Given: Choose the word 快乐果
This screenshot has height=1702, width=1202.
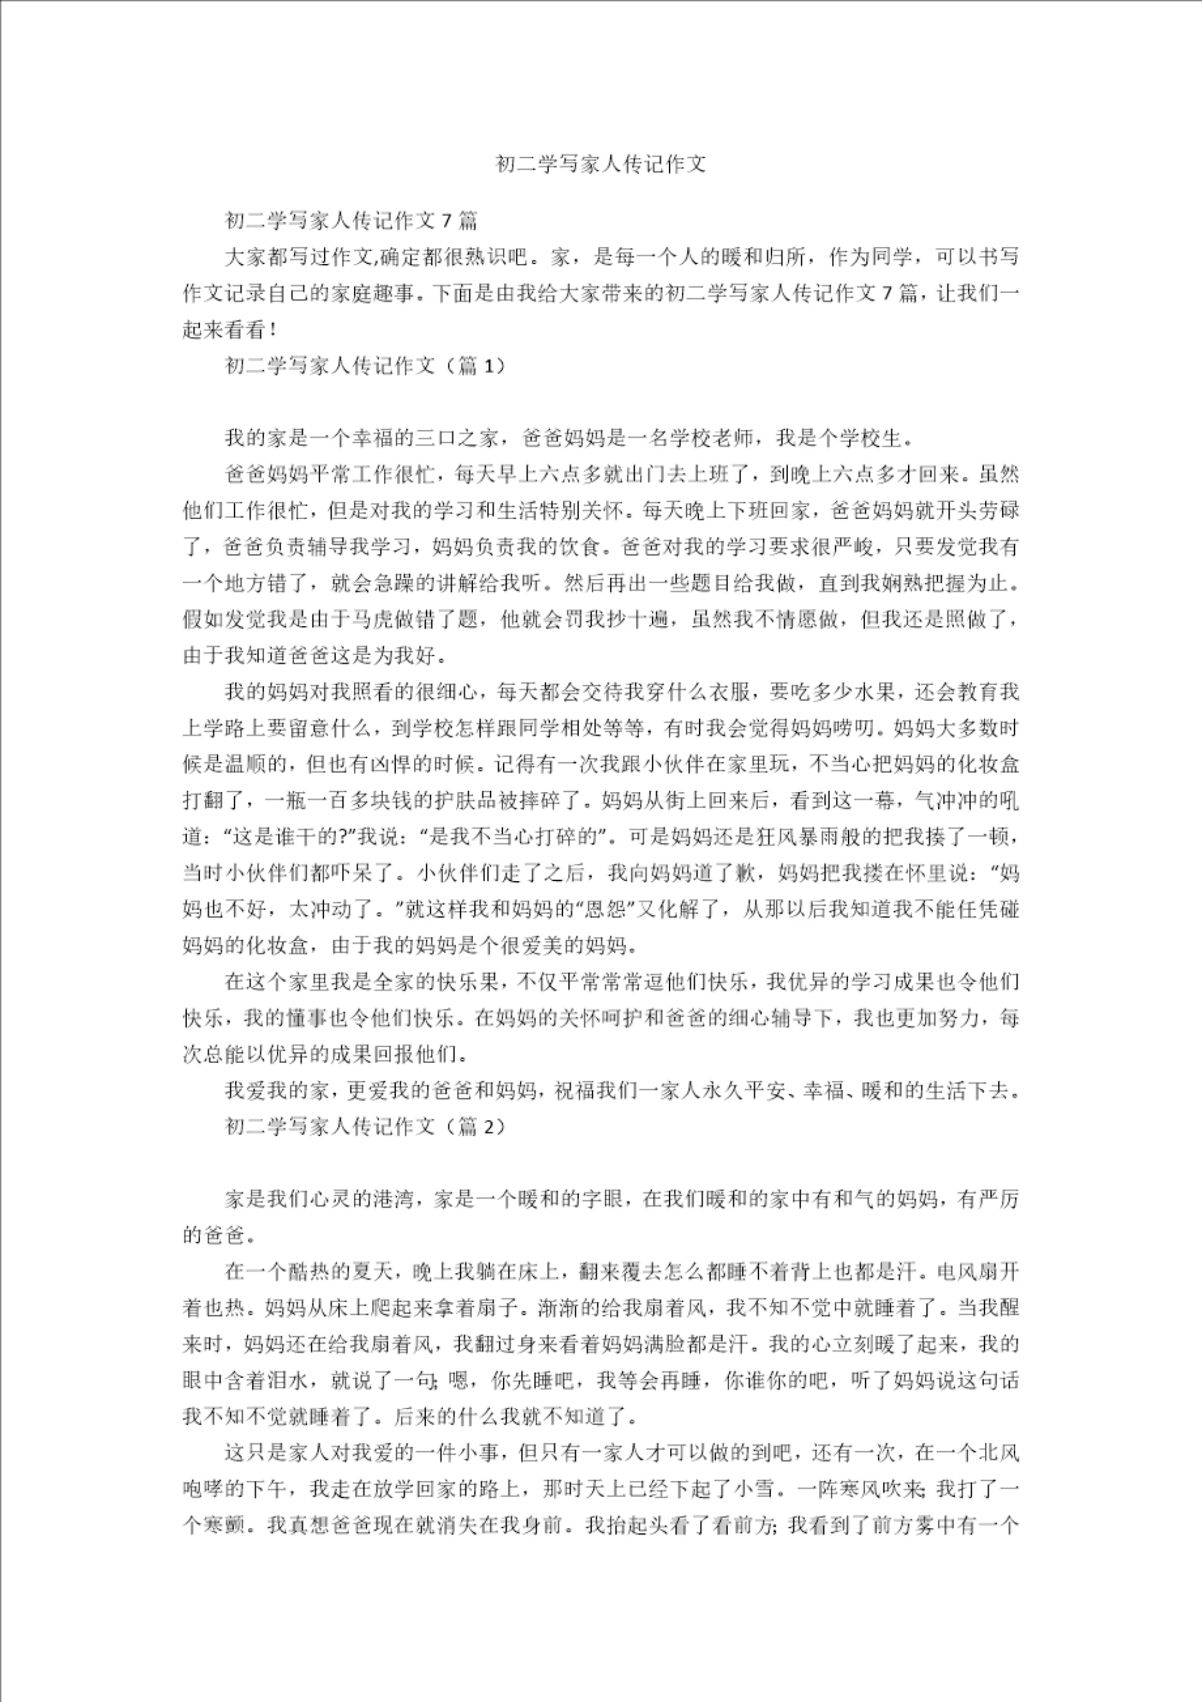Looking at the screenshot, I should (465, 982).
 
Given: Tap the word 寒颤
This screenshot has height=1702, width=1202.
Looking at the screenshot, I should (223, 1525).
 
